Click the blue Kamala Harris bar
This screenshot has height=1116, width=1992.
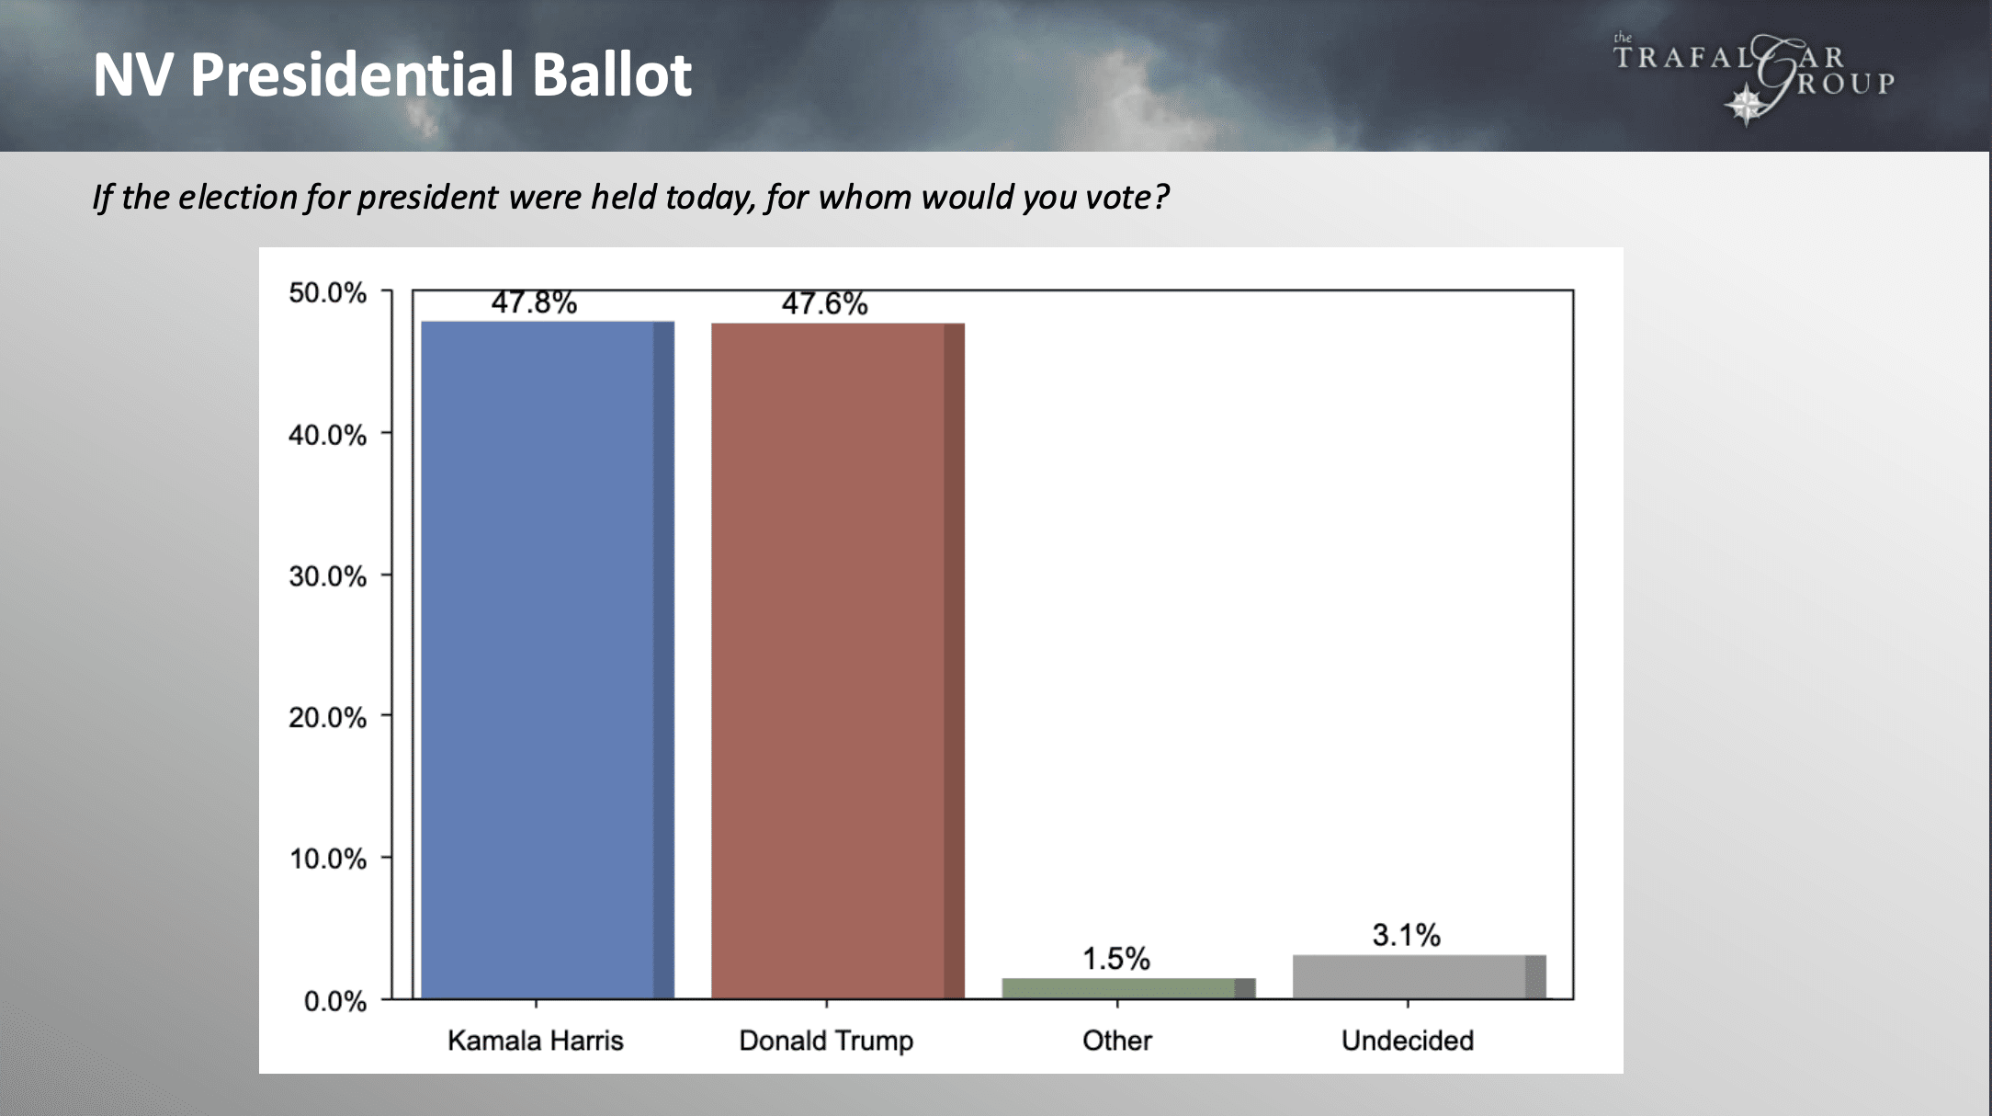coord(547,659)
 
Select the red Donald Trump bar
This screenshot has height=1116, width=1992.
coord(837,660)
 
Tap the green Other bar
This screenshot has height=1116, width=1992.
coord(1127,988)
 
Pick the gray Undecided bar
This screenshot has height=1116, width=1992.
coord(1418,976)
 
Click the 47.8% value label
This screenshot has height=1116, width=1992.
coord(534,302)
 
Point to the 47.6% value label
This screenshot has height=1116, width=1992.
coord(824,303)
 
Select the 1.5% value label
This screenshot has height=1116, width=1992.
coord(1115,959)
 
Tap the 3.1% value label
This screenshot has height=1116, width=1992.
coord(1406,935)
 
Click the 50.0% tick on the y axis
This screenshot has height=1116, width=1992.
coord(327,293)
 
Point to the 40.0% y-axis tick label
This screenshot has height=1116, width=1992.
coord(327,435)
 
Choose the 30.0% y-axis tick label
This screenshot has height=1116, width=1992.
coord(327,576)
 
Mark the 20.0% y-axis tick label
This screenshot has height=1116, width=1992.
coord(327,717)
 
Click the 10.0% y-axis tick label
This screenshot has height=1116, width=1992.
coord(327,859)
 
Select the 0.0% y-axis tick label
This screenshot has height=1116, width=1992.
coord(334,1000)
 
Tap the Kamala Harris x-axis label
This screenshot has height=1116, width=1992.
coord(535,1041)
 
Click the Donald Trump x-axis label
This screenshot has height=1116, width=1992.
coord(826,1041)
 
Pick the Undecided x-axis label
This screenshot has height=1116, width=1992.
coord(1407,1041)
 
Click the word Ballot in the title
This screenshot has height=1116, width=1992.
coord(611,74)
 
